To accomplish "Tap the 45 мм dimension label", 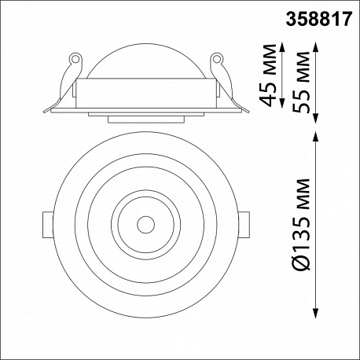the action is pyautogui.click(x=267, y=75).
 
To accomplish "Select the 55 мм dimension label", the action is pyautogui.click(x=301, y=82).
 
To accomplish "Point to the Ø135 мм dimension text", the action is pyautogui.click(x=301, y=224).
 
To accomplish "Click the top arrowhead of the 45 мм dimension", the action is pyautogui.click(x=282, y=46).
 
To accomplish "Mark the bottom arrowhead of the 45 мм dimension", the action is pyautogui.click(x=282, y=103).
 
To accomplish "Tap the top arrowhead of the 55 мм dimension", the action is pyautogui.click(x=316, y=46).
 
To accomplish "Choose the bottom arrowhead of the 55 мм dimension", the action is pyautogui.click(x=316, y=118).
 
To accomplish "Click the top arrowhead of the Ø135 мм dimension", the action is pyautogui.click(x=316, y=137).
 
